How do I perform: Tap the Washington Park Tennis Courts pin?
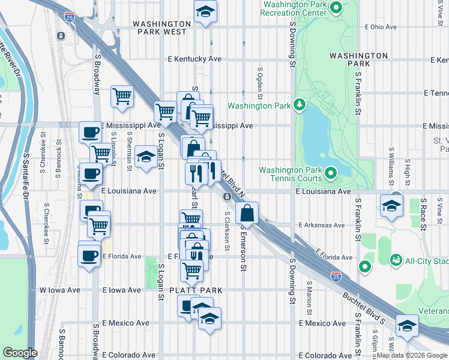pos(331,174)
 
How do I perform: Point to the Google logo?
pos(20,353)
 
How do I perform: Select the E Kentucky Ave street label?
pos(195,59)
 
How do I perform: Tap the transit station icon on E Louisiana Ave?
pos(228,197)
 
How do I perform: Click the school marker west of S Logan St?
pos(145,157)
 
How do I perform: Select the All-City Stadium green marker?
pos(396,260)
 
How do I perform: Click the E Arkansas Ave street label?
pos(321,226)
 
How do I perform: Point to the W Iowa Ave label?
pos(60,290)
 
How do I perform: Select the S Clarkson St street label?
pos(227,230)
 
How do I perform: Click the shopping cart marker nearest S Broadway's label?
pos(122,95)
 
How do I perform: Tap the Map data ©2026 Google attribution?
pos(412,355)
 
